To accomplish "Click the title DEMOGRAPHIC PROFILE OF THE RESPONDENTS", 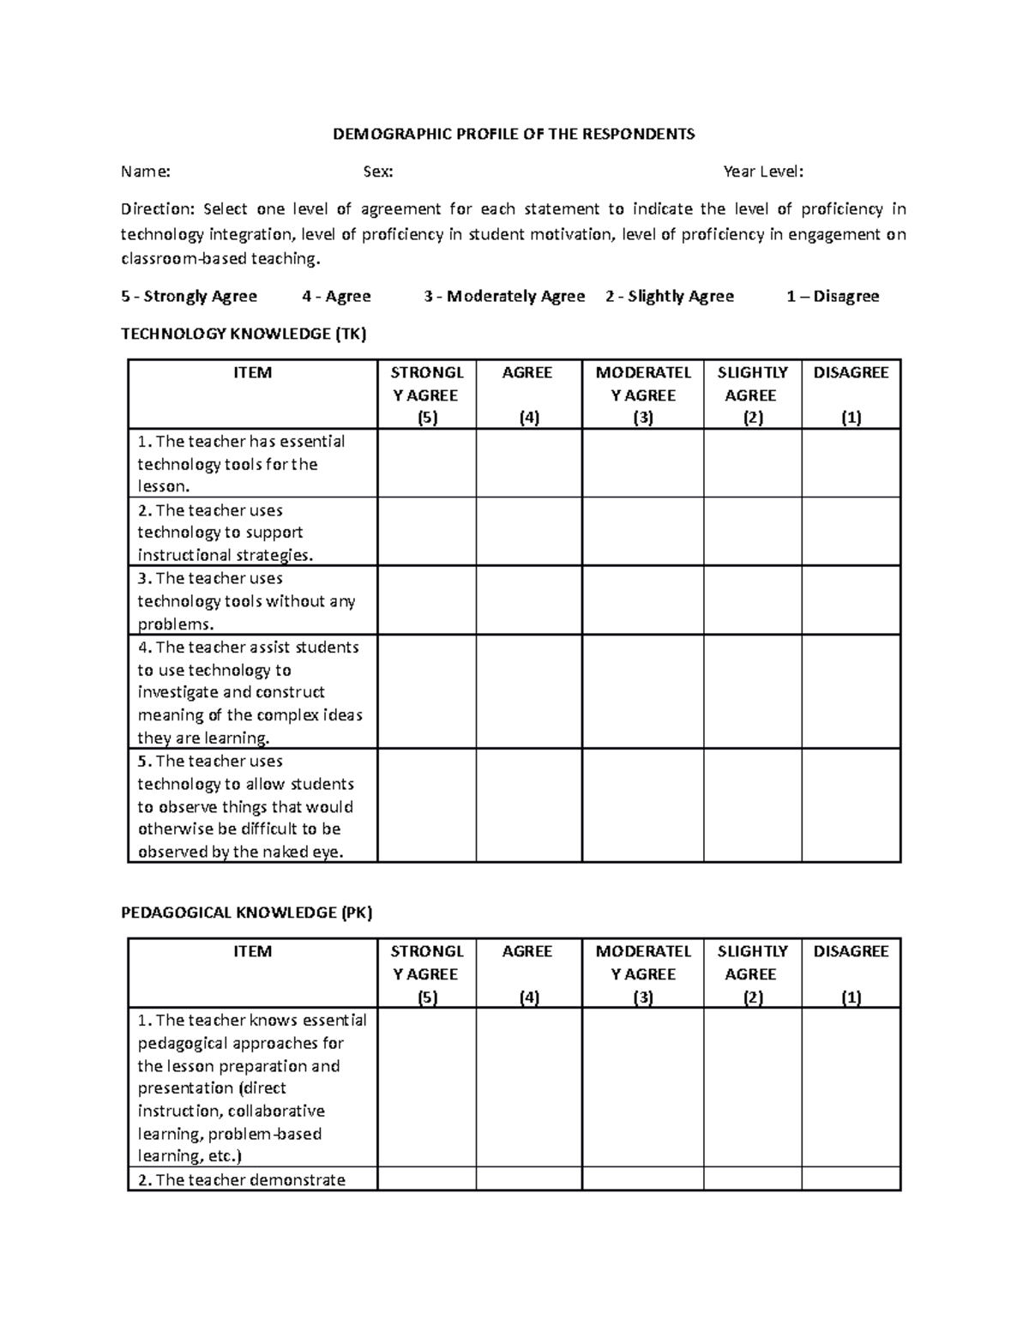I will coord(514,134).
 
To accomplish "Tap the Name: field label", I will coord(146,172).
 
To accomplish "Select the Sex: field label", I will coord(378,172).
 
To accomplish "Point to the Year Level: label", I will coord(763,172).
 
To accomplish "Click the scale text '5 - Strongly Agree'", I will coord(190,296).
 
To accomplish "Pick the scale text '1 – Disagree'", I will coord(833,296).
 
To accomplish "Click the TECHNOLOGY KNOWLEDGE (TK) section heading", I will coord(244,334).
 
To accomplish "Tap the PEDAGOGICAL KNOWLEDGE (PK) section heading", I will coord(247,913).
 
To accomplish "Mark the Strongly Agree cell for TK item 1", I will coord(426,463).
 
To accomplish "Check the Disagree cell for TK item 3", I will coord(851,600).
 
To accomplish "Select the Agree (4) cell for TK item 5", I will coord(528,805).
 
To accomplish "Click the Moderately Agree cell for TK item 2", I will coord(642,532).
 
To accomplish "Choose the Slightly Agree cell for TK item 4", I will coord(752,691).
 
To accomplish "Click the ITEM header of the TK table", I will coord(253,372).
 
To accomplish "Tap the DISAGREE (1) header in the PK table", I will coord(851,973).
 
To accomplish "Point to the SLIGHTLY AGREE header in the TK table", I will coord(752,383).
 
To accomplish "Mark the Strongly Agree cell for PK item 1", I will coord(426,1087).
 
